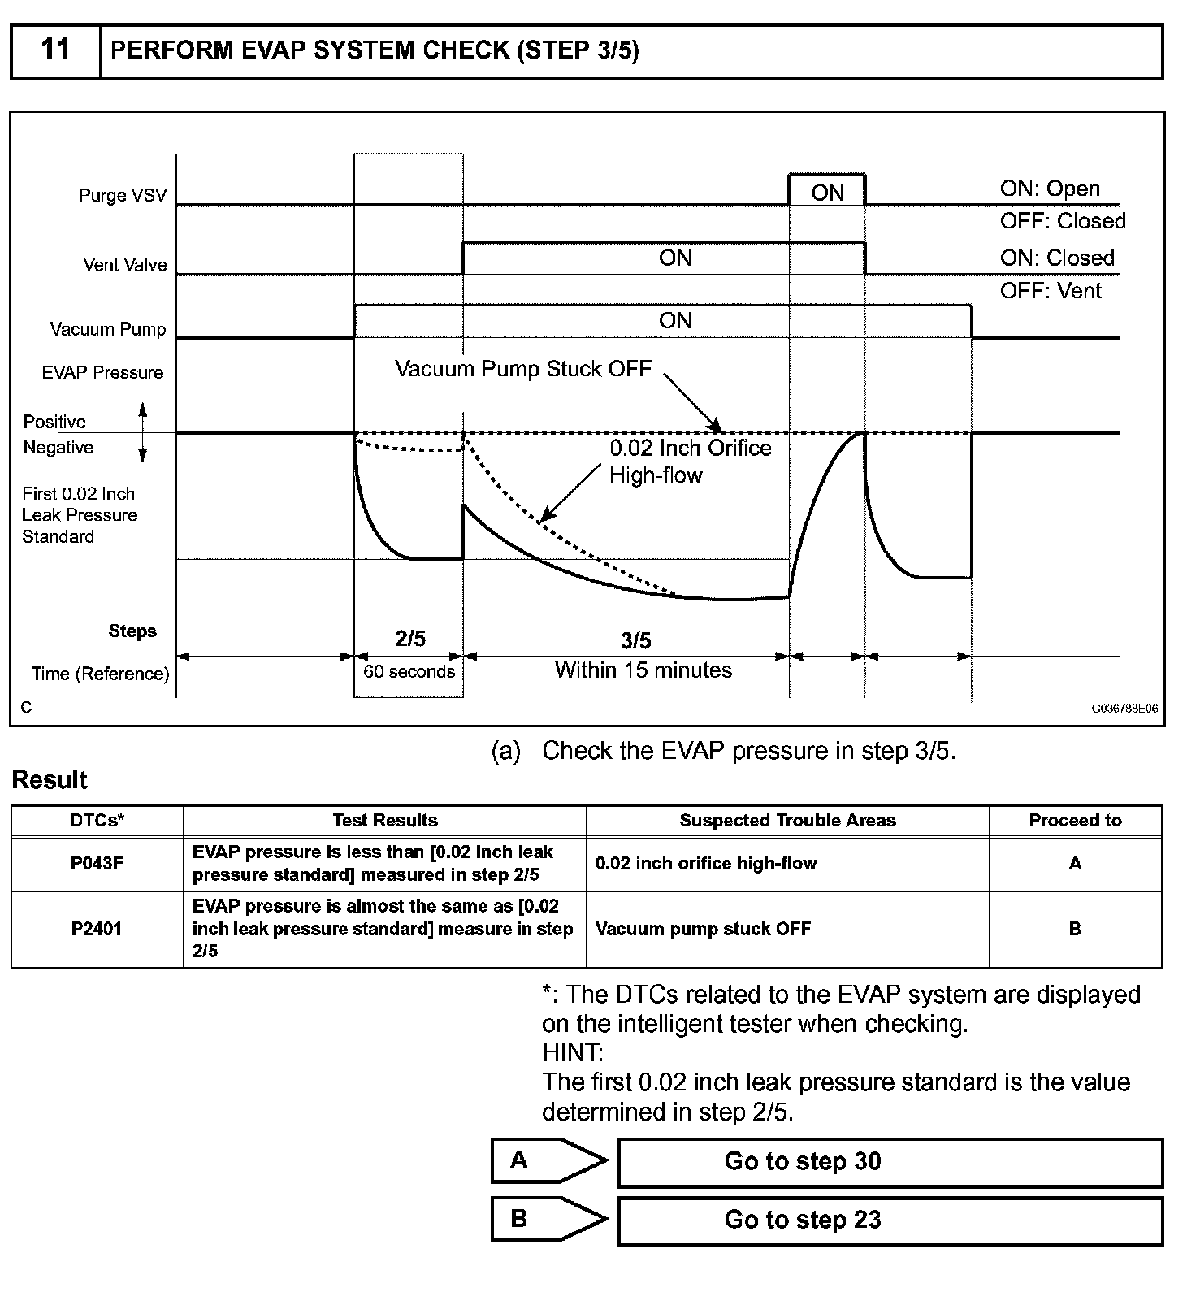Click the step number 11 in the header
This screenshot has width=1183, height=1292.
[55, 50]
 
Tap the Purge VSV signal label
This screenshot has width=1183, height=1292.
[123, 196]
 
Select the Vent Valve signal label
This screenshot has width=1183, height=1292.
[125, 265]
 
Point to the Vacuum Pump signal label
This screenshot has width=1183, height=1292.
[108, 329]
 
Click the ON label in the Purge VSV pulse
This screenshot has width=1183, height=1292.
[827, 193]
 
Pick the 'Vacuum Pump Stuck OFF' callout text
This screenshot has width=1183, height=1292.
[523, 369]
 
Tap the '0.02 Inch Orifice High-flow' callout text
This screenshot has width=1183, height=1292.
[690, 461]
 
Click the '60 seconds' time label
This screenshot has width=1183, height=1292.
[409, 672]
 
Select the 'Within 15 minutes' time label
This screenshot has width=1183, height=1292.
[643, 670]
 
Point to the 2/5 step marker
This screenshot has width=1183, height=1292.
[410, 639]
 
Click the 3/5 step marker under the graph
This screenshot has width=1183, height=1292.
[636, 641]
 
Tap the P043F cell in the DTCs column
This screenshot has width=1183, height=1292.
[97, 864]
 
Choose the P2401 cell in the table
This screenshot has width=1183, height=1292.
[97, 929]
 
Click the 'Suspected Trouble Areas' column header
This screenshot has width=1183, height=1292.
[787, 821]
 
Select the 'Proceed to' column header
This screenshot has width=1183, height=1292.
[1075, 821]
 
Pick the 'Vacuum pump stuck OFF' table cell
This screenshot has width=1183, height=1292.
[703, 929]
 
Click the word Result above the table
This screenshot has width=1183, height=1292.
[50, 780]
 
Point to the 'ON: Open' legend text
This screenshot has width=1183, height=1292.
[1050, 189]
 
